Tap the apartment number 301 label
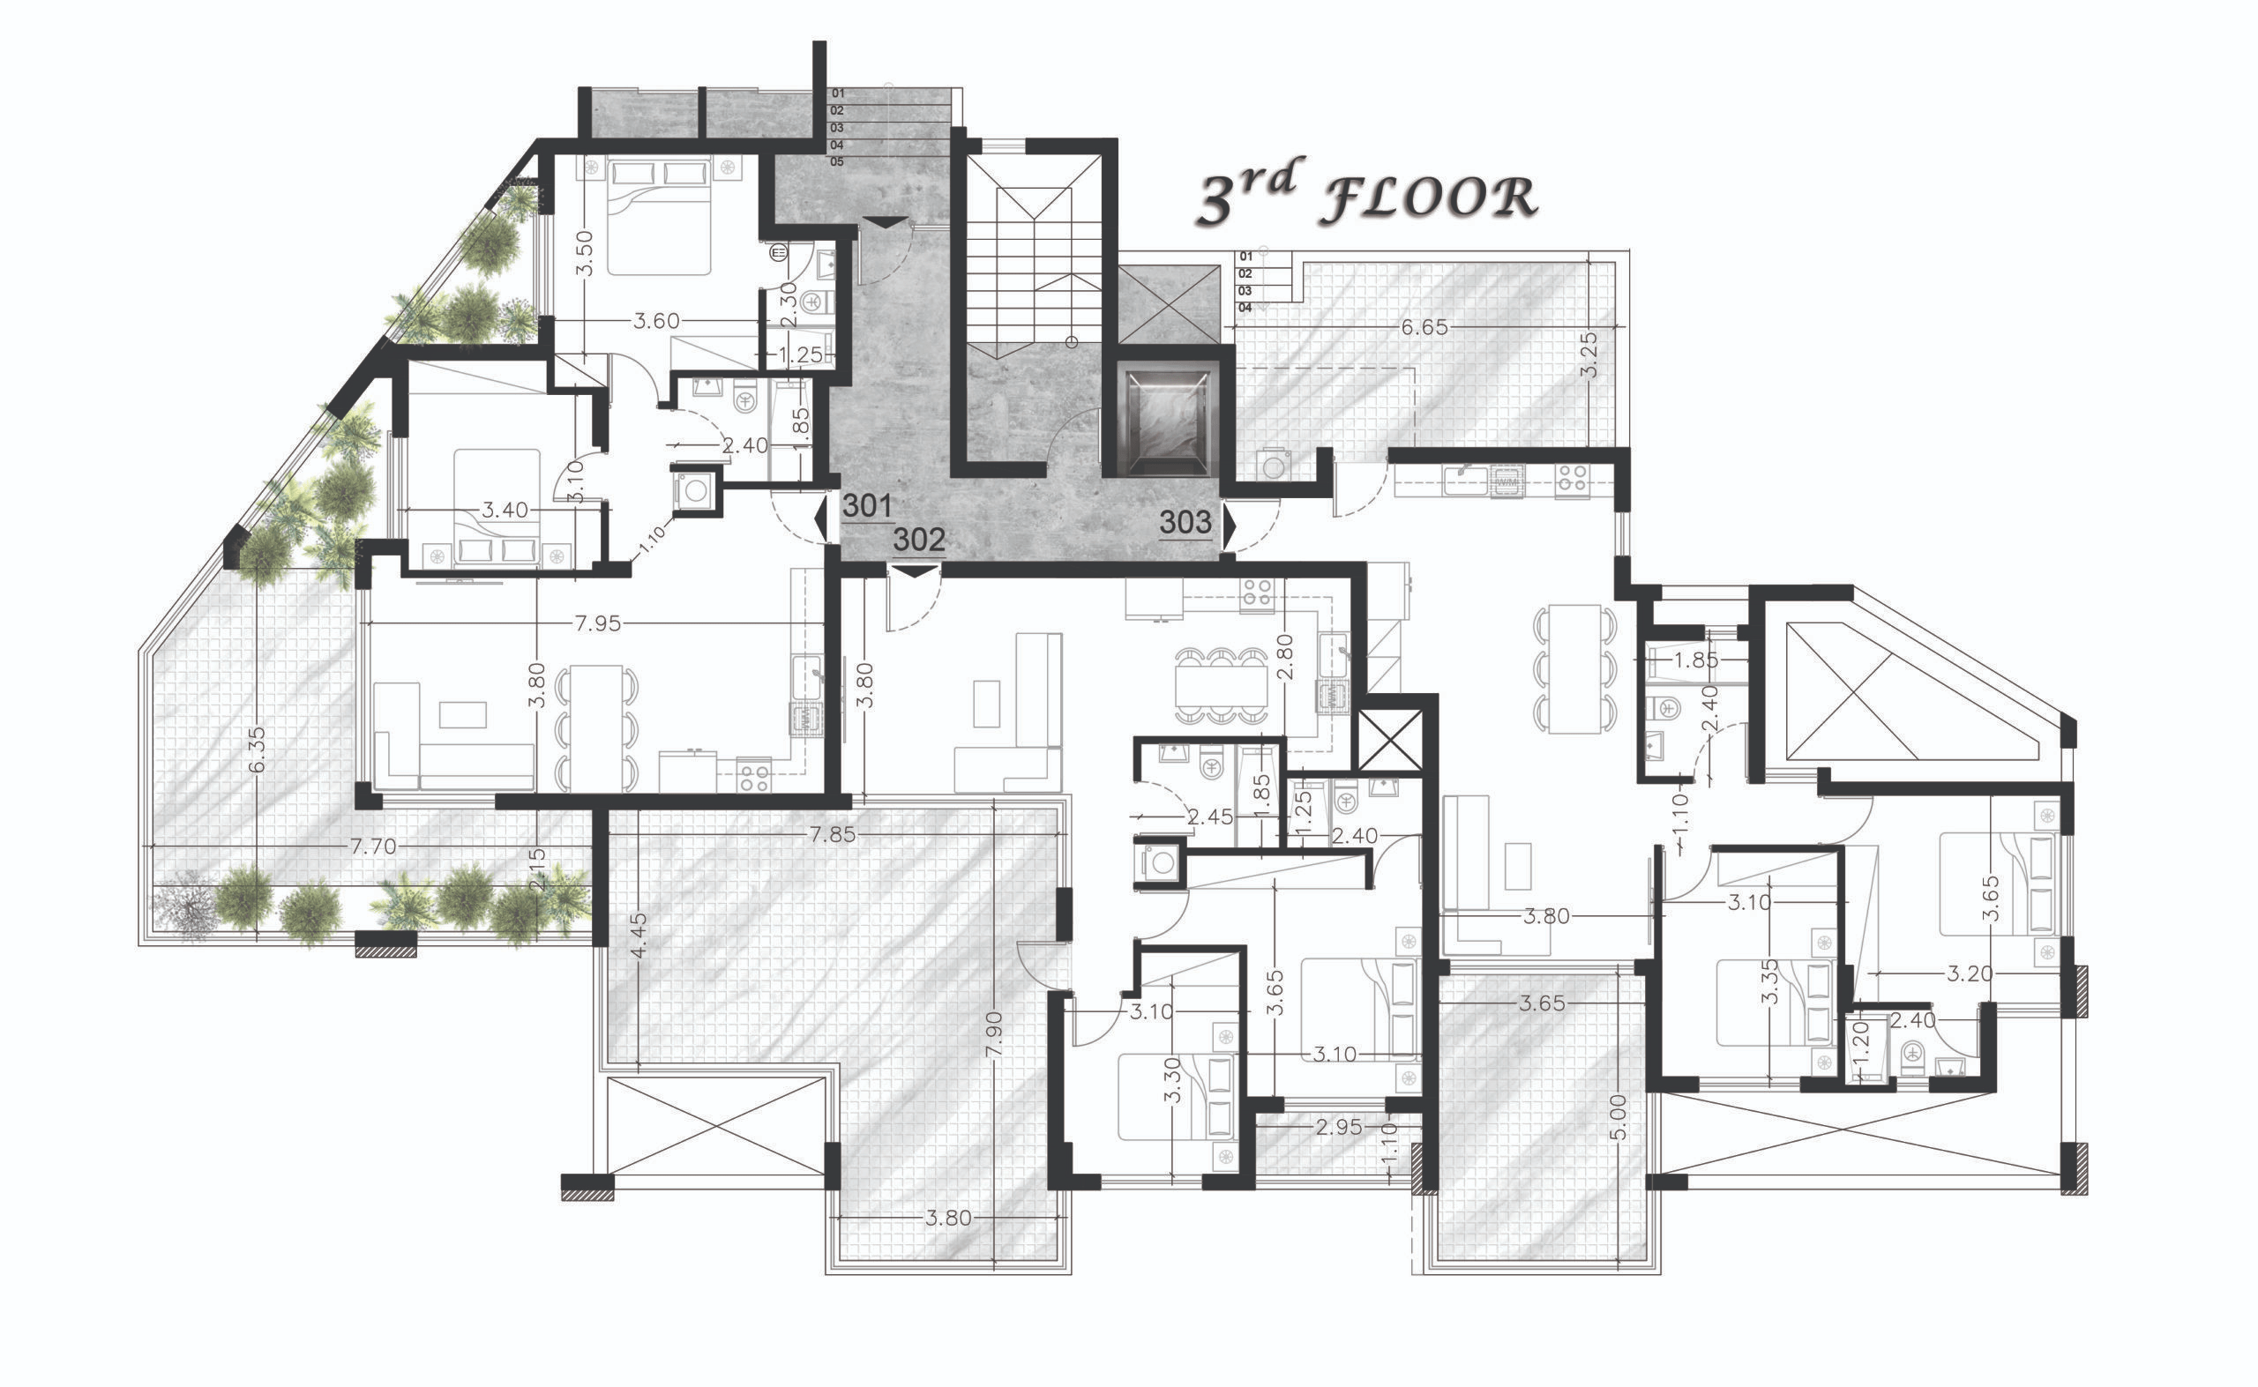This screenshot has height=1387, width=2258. pos(867,505)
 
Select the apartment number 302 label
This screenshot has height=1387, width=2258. pos(918,540)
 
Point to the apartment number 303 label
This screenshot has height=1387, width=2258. pos(1185,522)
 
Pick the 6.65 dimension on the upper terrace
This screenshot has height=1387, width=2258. pos(1424,327)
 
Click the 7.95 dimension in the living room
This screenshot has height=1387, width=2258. pos(597,623)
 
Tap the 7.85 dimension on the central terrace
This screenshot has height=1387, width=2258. pos(832,835)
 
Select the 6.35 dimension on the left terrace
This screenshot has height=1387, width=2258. pos(257,749)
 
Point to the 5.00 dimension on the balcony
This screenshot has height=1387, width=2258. pos(1618,1117)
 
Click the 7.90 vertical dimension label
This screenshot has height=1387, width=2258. pos(995,1037)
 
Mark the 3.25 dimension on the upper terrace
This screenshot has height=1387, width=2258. pos(1590,354)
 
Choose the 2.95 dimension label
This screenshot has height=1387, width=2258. pos(1339,1128)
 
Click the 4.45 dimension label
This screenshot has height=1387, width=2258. pos(640,934)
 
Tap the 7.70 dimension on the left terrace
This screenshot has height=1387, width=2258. pos(373,846)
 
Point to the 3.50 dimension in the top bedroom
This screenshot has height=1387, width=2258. pos(585,253)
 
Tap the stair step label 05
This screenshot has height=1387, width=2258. pos(837,161)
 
